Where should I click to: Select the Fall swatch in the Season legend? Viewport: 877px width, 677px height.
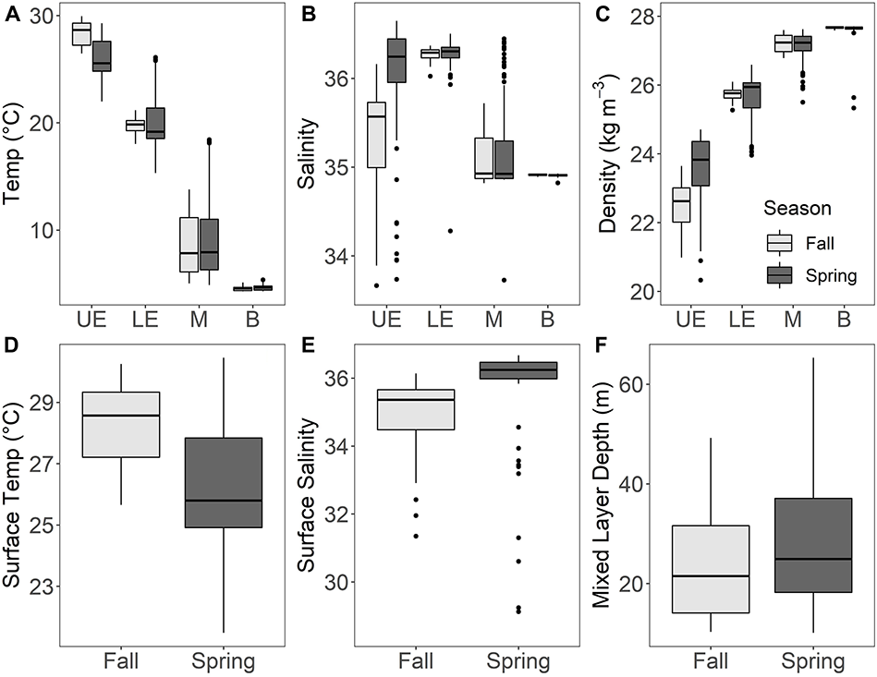click(780, 242)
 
